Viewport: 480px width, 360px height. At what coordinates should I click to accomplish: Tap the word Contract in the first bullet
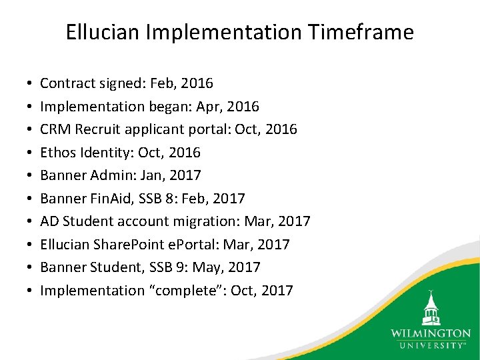pyautogui.click(x=66, y=83)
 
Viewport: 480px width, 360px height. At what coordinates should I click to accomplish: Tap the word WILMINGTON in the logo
pyautogui.click(x=430, y=333)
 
